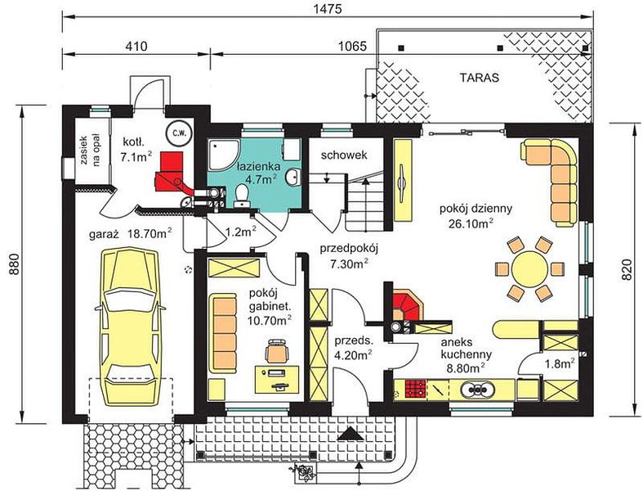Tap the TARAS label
tap(480, 78)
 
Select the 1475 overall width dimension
tap(328, 9)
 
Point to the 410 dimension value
tap(136, 46)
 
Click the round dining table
tap(529, 270)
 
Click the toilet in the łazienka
tap(242, 195)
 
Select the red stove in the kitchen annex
tap(416, 389)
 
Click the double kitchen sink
tap(477, 389)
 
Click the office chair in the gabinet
tap(278, 351)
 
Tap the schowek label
tap(344, 155)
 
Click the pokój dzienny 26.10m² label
tap(476, 215)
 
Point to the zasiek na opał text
tap(91, 149)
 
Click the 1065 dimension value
tap(352, 46)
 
